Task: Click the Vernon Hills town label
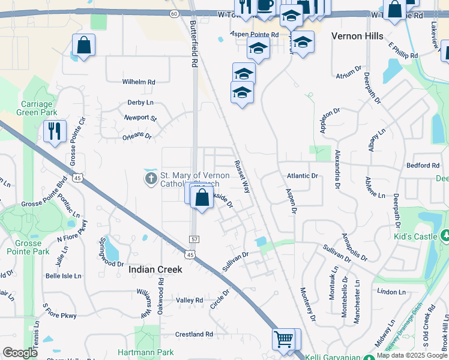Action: (x=357, y=36)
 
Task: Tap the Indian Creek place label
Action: (x=155, y=270)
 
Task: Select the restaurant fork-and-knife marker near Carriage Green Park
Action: (x=55, y=130)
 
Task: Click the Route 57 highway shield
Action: (x=194, y=239)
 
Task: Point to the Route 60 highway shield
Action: (x=173, y=13)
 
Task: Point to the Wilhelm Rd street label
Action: (x=139, y=82)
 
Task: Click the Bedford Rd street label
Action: (x=423, y=165)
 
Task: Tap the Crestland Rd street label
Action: (x=194, y=334)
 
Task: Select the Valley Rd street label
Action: (x=190, y=300)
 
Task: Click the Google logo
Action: (x=20, y=353)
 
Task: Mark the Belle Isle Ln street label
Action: (x=63, y=276)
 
